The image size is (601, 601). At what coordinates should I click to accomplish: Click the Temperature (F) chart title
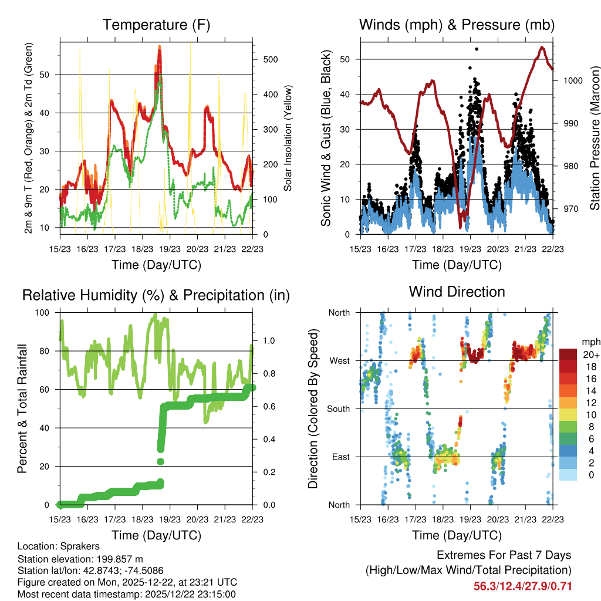(156, 25)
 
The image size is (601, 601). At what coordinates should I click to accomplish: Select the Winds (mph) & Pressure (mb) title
(457, 25)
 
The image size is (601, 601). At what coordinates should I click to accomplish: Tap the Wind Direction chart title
(457, 291)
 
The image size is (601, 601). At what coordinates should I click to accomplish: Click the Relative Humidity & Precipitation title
(156, 295)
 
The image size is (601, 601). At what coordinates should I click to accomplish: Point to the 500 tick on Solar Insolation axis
(271, 59)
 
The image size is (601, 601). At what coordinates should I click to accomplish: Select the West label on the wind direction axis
(339, 360)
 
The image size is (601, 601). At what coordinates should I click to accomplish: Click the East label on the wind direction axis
(340, 457)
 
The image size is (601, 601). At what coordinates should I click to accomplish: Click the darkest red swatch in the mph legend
(568, 354)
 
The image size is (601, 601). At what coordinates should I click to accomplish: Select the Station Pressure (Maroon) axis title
(595, 138)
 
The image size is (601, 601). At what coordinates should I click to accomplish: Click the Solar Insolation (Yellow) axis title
(288, 138)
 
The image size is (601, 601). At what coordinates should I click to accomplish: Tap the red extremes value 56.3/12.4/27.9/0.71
(522, 586)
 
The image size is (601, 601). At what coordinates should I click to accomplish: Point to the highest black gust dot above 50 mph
(477, 49)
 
